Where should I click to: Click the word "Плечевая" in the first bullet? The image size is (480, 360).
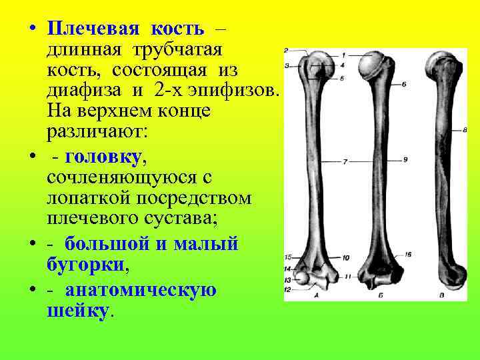tap(93, 29)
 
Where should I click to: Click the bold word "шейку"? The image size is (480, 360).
tap(77, 311)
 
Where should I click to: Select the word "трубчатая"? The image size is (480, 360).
tap(177, 50)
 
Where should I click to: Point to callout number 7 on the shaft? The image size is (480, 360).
tap(345, 161)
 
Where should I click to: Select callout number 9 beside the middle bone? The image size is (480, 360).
tap(405, 160)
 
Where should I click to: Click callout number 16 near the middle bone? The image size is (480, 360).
tap(407, 254)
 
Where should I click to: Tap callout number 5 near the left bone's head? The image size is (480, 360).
tap(341, 79)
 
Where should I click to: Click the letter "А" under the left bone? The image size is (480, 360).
tap(315, 294)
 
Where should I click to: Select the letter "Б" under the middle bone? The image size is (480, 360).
tap(379, 294)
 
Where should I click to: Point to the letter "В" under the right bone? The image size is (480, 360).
tap(442, 294)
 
